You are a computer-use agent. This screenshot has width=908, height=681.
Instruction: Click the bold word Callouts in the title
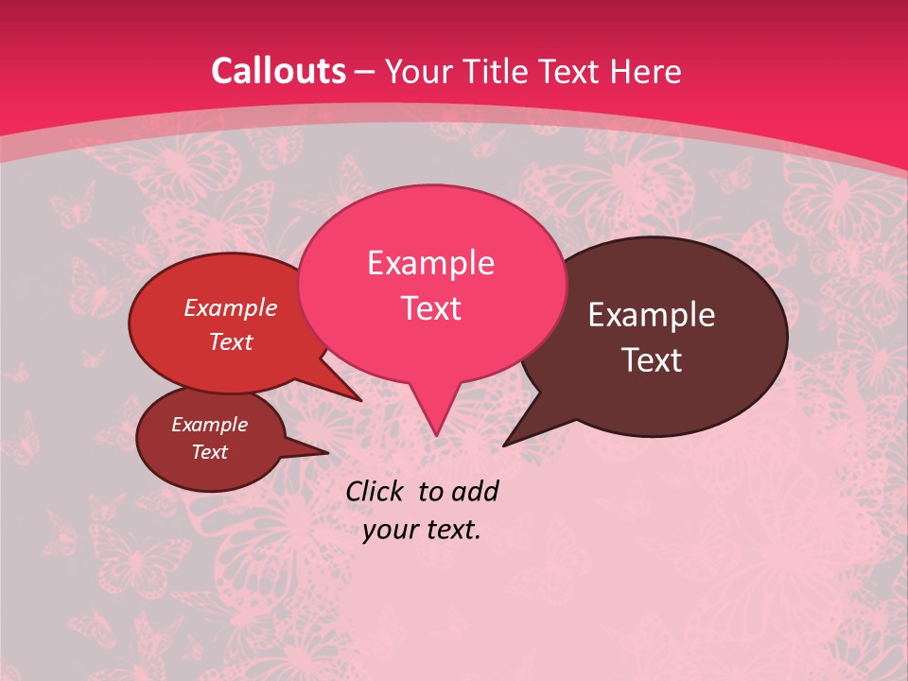tap(278, 71)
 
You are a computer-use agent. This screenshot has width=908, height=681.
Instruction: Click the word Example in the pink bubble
tap(430, 263)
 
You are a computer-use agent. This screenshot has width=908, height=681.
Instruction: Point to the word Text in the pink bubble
tap(430, 307)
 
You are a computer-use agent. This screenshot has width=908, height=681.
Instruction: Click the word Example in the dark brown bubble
tap(652, 315)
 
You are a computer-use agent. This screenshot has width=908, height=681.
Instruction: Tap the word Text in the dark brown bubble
tap(652, 360)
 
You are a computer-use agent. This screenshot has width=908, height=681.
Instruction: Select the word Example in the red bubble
tap(230, 307)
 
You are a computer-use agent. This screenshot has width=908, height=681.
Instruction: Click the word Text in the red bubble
tap(230, 341)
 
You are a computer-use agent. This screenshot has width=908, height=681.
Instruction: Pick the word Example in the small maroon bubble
tap(209, 425)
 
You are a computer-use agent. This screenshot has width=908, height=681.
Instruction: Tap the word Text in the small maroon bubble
tap(209, 452)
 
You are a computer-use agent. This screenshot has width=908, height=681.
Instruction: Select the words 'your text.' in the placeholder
tap(421, 530)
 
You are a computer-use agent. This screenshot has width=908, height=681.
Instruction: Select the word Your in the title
tap(416, 71)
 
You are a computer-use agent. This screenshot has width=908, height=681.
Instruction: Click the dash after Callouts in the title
tap(366, 71)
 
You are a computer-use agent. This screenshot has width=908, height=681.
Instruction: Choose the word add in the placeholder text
tap(475, 491)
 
